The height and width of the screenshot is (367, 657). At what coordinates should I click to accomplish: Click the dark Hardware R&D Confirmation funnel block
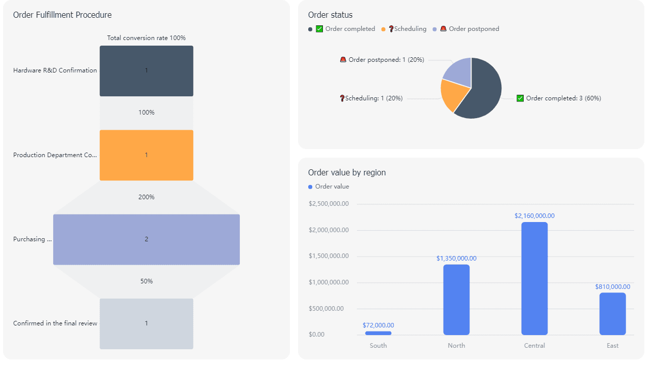tap(146, 71)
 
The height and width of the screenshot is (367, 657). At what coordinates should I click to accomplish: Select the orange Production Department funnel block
tap(146, 155)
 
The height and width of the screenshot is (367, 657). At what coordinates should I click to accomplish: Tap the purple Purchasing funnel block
tap(146, 239)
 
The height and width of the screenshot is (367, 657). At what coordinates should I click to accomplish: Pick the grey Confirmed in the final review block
tap(146, 323)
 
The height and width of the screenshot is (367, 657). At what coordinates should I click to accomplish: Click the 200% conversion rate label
tap(146, 197)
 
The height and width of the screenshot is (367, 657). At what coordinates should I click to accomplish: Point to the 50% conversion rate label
tap(146, 281)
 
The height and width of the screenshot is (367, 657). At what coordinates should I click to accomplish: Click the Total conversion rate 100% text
tap(146, 38)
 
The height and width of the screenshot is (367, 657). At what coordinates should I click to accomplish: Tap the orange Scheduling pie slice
tap(450, 95)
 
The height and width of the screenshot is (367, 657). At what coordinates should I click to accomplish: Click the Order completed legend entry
tap(345, 29)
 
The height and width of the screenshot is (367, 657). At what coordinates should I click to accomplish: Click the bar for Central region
tap(534, 278)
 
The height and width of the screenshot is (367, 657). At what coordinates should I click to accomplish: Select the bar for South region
tap(378, 333)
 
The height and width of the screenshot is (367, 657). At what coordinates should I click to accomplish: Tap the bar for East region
tap(612, 314)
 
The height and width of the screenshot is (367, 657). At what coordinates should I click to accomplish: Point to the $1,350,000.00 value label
tap(456, 259)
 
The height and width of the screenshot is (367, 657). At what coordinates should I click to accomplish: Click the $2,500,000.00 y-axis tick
tap(328, 204)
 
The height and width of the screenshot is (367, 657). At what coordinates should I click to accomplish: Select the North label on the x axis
tap(456, 346)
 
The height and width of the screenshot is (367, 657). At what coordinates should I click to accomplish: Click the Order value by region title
tap(347, 172)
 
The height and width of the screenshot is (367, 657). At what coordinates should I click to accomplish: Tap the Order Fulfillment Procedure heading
tap(62, 15)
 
